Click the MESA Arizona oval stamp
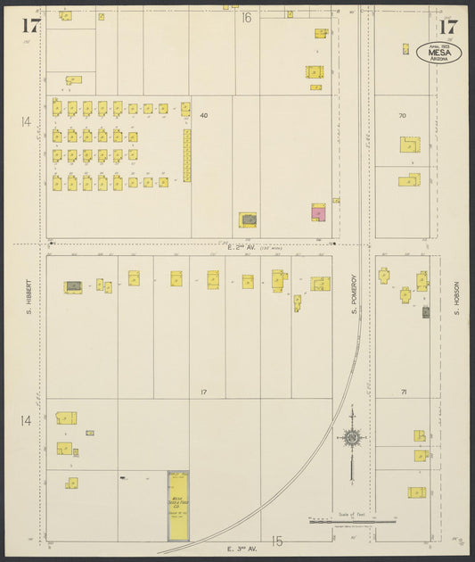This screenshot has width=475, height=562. click(x=438, y=53)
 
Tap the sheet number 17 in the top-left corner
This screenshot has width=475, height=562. click(x=31, y=24)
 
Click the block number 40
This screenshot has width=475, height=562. click(x=203, y=116)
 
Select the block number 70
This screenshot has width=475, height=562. click(x=402, y=116)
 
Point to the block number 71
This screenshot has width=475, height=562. click(x=403, y=393)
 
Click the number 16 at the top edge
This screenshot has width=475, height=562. click(x=246, y=18)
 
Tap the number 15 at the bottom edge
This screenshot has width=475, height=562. click(x=277, y=541)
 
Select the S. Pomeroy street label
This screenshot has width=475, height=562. click(x=353, y=294)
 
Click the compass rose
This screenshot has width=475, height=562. click(x=352, y=437)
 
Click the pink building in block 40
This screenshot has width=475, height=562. click(x=318, y=212)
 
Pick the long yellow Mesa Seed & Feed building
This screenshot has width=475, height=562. click(x=178, y=505)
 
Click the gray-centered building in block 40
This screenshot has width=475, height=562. click(x=248, y=219)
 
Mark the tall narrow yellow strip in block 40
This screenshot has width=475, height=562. click(x=187, y=155)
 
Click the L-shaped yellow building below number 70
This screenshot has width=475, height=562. click(x=409, y=145)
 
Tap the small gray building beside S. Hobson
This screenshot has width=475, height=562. click(x=426, y=312)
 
